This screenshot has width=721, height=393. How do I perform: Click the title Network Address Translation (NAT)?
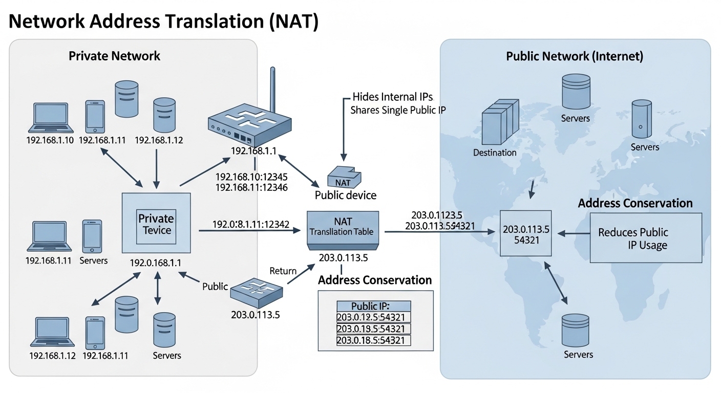[x=163, y=23]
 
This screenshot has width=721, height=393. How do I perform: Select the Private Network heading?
[x=114, y=56]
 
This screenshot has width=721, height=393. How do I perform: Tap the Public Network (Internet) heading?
[x=574, y=56]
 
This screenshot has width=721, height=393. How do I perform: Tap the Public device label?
[x=345, y=195]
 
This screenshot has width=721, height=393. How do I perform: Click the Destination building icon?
[x=495, y=123]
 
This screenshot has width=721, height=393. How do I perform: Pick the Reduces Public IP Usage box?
[x=646, y=238]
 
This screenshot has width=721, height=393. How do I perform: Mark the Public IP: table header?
[x=373, y=306]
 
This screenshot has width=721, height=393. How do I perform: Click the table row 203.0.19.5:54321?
[x=373, y=329]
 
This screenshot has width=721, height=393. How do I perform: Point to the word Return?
[x=283, y=271]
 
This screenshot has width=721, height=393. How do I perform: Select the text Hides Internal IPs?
[x=393, y=97]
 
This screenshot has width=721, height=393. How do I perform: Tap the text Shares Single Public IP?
[x=398, y=110]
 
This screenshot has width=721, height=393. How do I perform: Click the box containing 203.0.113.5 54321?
[x=526, y=233]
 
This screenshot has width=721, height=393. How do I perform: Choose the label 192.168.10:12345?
[x=251, y=177]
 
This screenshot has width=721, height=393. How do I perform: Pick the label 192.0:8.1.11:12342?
[x=251, y=224]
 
